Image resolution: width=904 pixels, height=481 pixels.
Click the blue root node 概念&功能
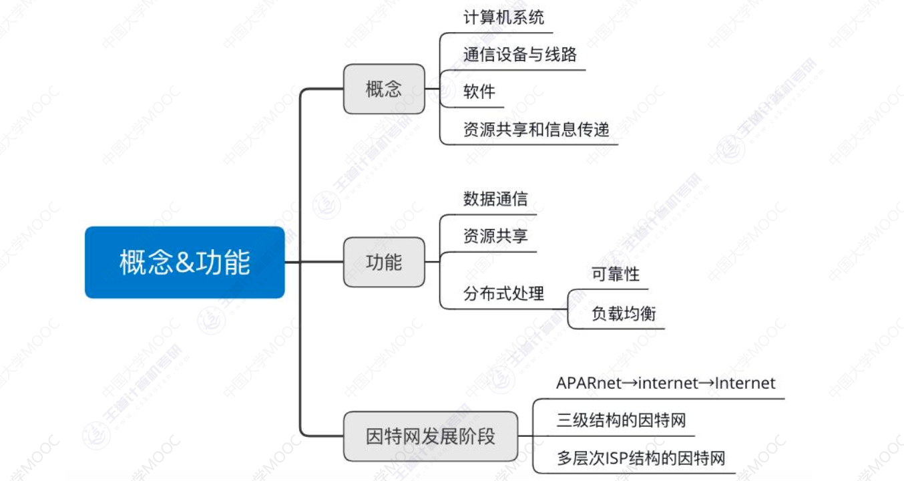tap(184, 262)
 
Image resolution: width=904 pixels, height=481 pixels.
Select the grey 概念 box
tap(384, 89)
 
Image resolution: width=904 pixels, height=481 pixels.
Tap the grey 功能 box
tap(384, 262)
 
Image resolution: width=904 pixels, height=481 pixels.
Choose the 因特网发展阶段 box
tap(431, 436)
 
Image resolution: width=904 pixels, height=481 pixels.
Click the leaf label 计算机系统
tap(503, 17)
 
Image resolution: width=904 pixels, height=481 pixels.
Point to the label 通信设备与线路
tap(519, 55)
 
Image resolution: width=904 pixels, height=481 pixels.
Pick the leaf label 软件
tap(479, 92)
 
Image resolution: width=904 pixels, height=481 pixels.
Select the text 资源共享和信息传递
tap(536, 130)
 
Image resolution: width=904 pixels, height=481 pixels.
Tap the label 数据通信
tap(495, 198)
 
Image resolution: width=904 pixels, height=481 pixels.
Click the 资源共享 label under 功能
tap(495, 236)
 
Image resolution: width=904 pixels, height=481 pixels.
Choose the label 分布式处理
tap(503, 293)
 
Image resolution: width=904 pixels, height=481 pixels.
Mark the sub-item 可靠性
tap(615, 274)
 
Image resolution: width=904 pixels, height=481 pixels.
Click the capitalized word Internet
tap(745, 383)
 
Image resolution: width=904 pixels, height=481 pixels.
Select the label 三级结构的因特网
tap(621, 421)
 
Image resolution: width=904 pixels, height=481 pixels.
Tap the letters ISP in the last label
tap(618, 459)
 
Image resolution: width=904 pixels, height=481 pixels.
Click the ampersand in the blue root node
tap(184, 263)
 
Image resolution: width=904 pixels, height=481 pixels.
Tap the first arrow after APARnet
tap(629, 383)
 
